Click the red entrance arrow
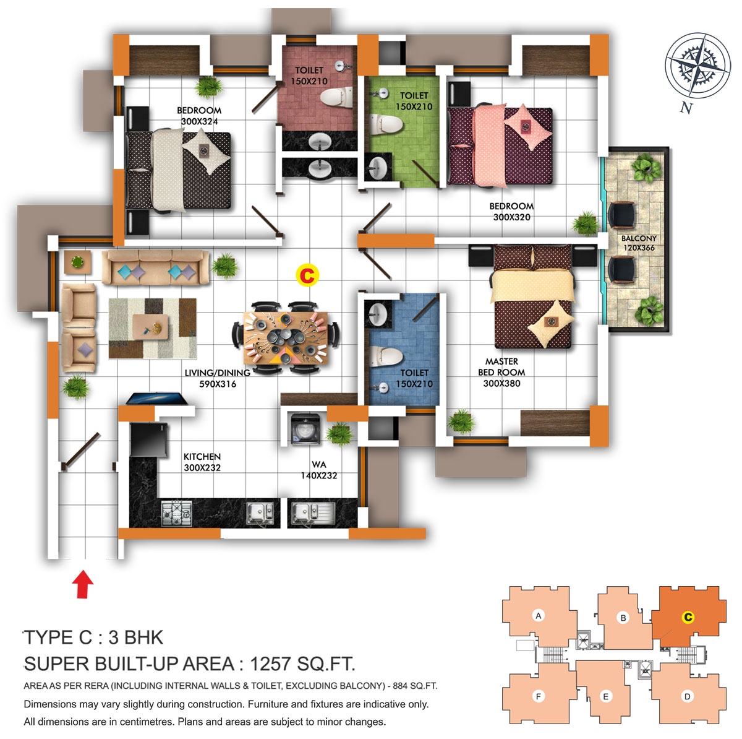tap(83, 584)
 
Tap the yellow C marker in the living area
tap(307, 275)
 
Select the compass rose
tap(697, 65)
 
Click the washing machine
tap(305, 429)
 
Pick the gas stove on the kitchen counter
tap(177, 513)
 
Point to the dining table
tap(286, 338)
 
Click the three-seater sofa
tap(156, 267)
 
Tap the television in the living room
tap(156, 399)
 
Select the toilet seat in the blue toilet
tap(385, 357)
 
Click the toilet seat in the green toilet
tap(386, 124)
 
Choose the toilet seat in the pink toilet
tap(337, 97)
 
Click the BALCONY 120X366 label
tap(639, 243)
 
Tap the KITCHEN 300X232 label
tap(202, 462)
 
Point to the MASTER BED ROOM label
tap(501, 366)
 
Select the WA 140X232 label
tap(319, 470)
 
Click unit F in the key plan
tap(539, 696)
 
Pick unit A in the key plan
tap(539, 616)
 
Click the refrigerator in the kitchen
tap(148, 439)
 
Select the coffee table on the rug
tap(150, 327)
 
